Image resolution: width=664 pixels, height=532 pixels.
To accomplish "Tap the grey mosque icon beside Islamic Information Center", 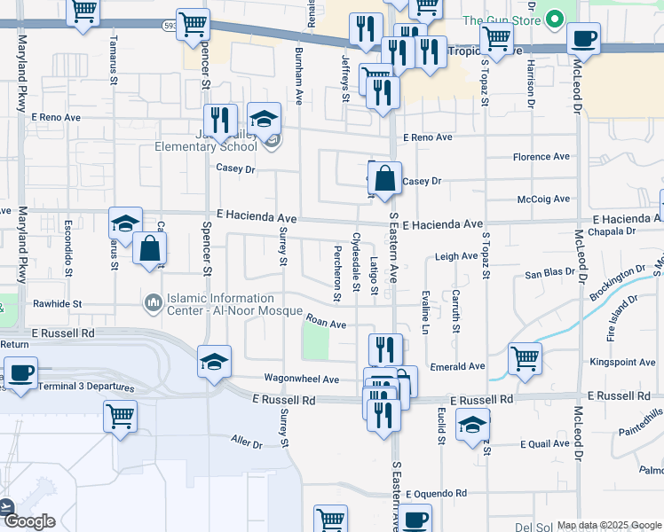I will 154,304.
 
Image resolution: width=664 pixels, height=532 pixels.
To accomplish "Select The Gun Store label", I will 501,20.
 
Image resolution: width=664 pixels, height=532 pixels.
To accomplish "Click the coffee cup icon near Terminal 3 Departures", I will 20,372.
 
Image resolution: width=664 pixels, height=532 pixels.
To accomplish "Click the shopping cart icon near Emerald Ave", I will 525,358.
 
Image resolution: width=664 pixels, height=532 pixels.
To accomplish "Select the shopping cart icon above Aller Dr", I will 120,415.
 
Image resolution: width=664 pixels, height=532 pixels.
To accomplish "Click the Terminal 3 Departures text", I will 79,387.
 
